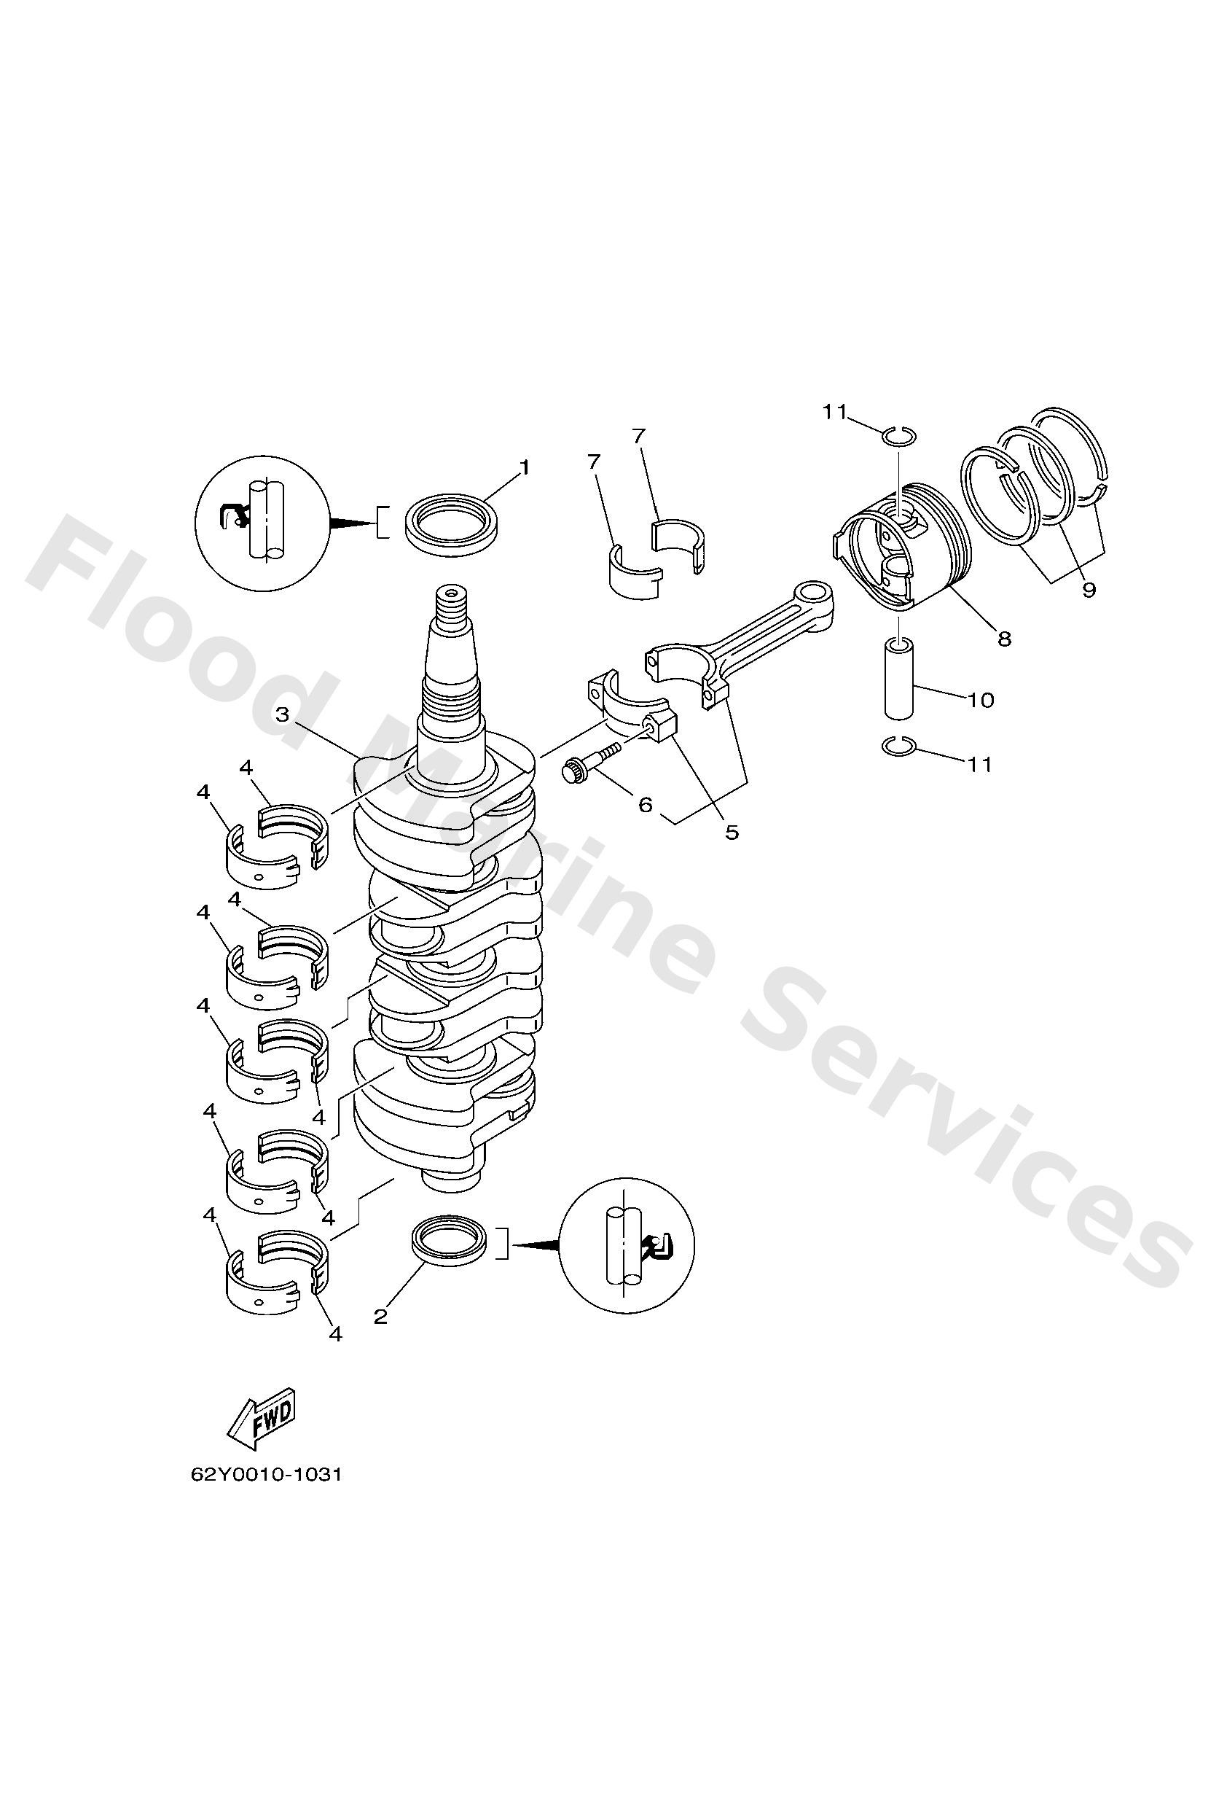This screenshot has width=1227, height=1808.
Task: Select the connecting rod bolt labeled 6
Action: point(589,763)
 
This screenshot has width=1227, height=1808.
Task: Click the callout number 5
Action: point(732,832)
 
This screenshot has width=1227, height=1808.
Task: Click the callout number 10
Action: point(981,700)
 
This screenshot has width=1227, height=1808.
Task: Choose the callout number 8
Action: point(1004,639)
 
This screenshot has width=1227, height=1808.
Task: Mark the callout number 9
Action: point(1089,590)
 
